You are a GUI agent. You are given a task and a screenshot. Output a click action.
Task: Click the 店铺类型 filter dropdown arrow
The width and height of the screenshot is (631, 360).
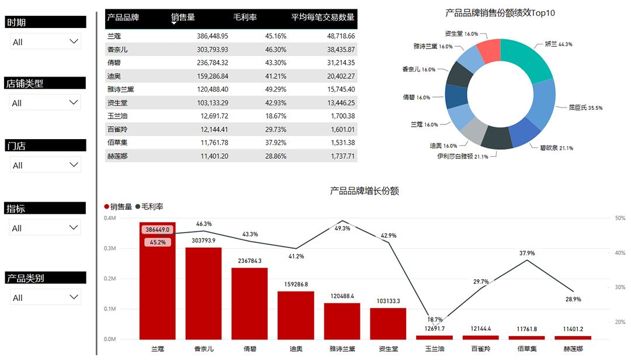[74, 102]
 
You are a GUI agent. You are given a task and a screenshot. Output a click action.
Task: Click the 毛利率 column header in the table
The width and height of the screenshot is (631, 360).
[245, 18]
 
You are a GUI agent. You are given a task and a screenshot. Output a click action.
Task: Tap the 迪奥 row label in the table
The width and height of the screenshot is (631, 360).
[115, 76]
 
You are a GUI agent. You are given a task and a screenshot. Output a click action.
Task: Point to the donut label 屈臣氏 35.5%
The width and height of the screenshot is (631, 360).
[585, 108]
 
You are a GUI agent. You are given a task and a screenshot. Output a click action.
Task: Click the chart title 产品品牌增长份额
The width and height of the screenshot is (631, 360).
[365, 191]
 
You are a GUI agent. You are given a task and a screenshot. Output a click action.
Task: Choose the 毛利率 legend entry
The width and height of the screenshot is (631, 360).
[149, 207]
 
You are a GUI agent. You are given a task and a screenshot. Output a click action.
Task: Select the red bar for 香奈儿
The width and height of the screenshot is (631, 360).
[204, 292]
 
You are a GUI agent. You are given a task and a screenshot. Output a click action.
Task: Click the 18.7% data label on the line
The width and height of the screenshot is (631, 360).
[435, 320]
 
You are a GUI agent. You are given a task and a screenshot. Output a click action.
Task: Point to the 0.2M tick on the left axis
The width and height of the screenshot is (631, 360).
[109, 279]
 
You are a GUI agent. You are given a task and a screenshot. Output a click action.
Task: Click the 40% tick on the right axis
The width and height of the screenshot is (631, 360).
[619, 253]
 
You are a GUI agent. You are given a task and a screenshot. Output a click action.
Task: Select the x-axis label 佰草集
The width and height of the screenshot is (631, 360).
[526, 349]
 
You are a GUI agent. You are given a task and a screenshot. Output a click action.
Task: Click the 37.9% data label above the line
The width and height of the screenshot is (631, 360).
[527, 253]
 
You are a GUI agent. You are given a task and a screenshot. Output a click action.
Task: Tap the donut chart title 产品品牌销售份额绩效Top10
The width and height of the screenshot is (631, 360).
[500, 12]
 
